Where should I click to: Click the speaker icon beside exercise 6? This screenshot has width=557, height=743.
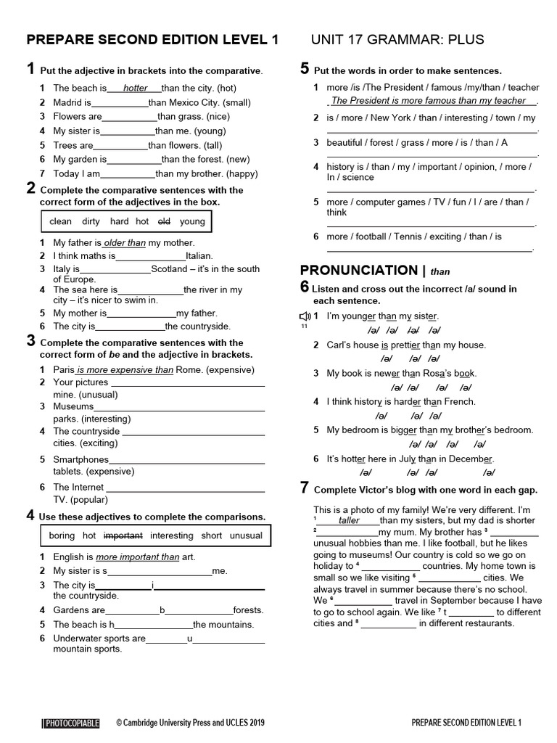point(305,316)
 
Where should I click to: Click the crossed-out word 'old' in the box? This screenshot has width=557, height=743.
point(164,221)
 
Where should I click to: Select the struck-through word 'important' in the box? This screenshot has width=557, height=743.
point(123,535)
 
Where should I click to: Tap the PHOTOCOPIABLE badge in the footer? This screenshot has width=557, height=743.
point(70,723)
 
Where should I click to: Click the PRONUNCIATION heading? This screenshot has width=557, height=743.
point(359,271)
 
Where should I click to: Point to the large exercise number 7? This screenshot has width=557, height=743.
point(305,488)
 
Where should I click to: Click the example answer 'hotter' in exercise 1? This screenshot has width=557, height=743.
point(135,89)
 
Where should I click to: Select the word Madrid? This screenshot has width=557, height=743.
point(67,103)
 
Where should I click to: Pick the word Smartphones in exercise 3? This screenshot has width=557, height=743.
point(81,459)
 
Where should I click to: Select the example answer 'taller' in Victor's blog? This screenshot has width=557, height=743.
point(349,520)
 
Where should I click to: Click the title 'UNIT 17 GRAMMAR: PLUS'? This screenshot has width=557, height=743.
point(397,39)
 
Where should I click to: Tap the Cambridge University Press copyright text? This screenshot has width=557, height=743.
point(190,723)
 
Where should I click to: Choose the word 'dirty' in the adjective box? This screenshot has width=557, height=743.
point(91,221)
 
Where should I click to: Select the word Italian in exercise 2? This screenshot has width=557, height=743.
point(199,255)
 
